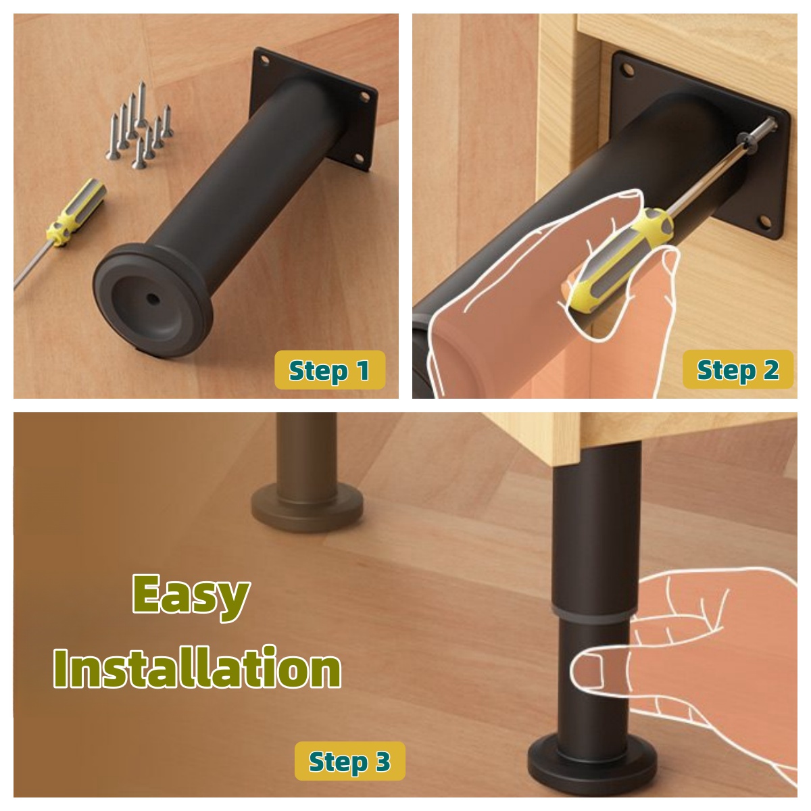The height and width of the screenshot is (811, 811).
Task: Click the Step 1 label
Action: pyautogui.click(x=330, y=370)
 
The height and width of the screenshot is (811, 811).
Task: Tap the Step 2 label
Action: pyautogui.click(x=738, y=369)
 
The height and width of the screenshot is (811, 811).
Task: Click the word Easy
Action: pyautogui.click(x=191, y=598)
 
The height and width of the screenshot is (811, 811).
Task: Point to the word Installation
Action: pyautogui.click(x=197, y=668)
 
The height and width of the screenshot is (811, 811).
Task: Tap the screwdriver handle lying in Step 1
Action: pyautogui.click(x=76, y=212)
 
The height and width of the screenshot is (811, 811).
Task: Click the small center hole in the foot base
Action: pyautogui.click(x=151, y=299)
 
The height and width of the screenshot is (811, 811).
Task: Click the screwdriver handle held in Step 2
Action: pyautogui.click(x=618, y=260)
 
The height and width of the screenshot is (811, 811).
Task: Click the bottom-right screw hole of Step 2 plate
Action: pyautogui.click(x=766, y=221)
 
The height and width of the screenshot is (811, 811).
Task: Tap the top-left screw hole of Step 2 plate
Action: pyautogui.click(x=627, y=70)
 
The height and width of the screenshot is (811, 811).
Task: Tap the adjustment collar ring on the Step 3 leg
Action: pyautogui.click(x=591, y=614)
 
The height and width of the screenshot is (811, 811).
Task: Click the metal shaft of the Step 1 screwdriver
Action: pyautogui.click(x=33, y=264)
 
